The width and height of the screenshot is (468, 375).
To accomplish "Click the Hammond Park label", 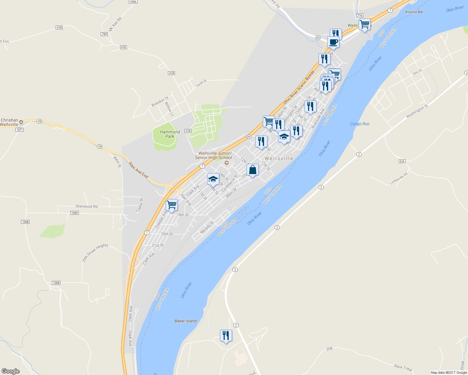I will click(170, 134).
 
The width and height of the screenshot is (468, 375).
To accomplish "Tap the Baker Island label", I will click(186, 321).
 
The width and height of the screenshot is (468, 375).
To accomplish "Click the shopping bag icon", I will click(252, 170).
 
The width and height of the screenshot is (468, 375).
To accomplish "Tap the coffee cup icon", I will click(333, 42).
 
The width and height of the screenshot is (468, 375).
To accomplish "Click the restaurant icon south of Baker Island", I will click(226, 336).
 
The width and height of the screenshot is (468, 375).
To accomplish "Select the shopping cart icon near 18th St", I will click(171, 205).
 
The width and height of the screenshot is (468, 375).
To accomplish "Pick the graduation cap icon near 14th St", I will click(213, 179).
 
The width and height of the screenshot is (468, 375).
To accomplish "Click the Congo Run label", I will click(359, 124).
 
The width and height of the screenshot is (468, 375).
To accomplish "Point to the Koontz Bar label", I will click(414, 12).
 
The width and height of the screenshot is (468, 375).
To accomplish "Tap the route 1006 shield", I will click(133, 2).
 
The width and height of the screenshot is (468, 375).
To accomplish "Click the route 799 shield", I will click(104, 34).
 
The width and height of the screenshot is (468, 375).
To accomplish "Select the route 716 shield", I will click(359, 15).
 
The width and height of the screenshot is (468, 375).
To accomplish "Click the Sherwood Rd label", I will click(87, 206).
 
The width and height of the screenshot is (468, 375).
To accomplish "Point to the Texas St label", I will click(201, 83).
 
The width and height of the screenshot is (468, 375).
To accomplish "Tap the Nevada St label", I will click(207, 227).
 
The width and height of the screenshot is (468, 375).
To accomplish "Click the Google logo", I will click(10, 371).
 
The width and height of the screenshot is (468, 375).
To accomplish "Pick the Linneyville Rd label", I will click(399, 178).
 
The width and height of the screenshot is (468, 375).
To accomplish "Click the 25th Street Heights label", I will click(95, 253).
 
